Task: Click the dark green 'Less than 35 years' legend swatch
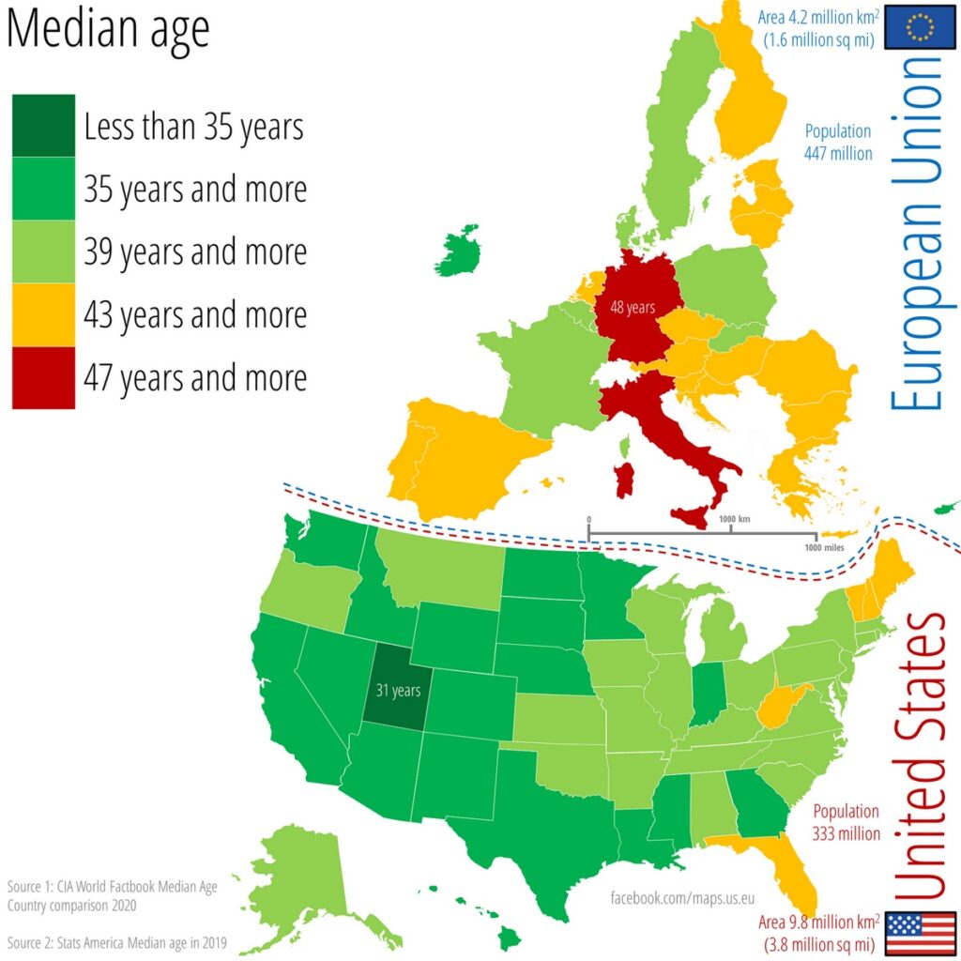(x=43, y=125)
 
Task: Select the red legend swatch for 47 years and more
(x=43, y=377)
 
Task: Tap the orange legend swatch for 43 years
(x=43, y=314)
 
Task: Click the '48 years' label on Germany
(x=632, y=306)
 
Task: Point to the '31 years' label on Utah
(x=398, y=691)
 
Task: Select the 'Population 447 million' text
(x=837, y=142)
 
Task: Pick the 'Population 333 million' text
(x=846, y=822)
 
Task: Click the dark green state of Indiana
(x=707, y=691)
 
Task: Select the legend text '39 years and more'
(x=195, y=252)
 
